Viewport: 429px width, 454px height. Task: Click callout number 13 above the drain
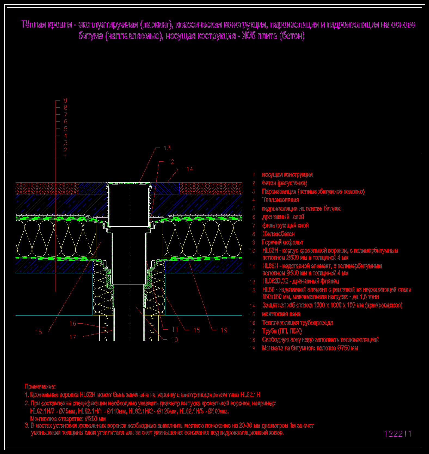click(x=167, y=148)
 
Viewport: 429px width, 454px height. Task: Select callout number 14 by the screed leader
click(x=190, y=169)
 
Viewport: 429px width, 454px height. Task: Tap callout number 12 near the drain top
click(x=171, y=162)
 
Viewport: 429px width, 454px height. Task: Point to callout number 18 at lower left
click(x=39, y=332)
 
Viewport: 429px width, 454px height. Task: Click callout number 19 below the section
click(x=224, y=330)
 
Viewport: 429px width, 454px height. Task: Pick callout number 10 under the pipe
click(x=174, y=340)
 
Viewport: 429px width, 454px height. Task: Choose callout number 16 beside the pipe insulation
click(x=73, y=324)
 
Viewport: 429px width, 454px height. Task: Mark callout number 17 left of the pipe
click(x=73, y=337)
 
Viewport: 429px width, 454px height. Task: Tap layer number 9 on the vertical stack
click(x=65, y=101)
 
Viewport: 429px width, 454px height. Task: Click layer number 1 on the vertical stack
click(x=65, y=157)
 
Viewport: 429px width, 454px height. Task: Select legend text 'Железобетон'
click(x=278, y=234)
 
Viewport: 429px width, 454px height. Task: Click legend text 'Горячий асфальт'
click(x=283, y=242)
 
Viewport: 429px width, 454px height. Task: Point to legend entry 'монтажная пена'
click(x=281, y=314)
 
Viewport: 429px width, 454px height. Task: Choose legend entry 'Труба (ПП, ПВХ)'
click(x=282, y=331)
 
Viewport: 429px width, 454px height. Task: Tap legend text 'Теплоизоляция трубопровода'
click(x=298, y=323)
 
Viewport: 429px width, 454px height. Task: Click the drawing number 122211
click(x=398, y=434)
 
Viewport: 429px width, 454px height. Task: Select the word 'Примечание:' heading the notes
click(x=40, y=386)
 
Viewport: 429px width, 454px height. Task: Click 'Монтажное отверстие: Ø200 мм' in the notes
click(x=68, y=419)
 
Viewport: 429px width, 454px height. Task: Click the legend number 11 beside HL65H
click(x=252, y=266)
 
